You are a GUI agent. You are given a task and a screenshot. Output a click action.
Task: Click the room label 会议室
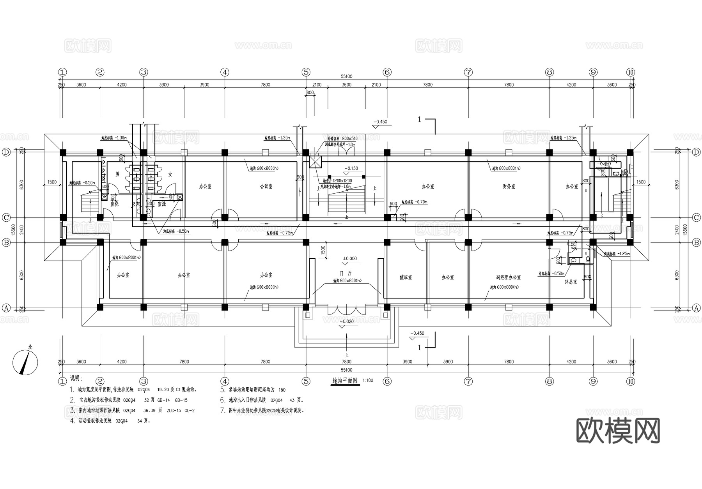point(266,187)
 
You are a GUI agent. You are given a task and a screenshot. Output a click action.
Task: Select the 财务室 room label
point(509,187)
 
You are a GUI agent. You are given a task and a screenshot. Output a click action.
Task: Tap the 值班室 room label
point(406,277)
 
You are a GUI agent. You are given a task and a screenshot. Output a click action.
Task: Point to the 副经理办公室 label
point(509,277)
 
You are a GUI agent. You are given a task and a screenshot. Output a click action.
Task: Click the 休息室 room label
point(571,281)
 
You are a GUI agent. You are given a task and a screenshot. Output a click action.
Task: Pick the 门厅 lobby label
point(346,274)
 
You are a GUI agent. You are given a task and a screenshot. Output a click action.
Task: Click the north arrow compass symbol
point(26,362)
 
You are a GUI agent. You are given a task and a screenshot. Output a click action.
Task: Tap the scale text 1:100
point(368,380)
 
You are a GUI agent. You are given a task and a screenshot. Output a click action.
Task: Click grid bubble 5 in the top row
point(306,72)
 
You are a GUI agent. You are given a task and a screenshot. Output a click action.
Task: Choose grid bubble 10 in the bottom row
point(631,381)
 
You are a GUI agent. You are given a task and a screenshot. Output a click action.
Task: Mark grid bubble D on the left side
point(6,152)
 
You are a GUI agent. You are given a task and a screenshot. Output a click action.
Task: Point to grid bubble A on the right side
point(697,308)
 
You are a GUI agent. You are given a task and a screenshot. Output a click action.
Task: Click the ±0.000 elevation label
point(350,259)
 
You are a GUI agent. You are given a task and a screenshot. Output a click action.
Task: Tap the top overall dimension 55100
point(346,77)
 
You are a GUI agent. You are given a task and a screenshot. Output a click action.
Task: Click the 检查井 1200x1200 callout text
point(337,181)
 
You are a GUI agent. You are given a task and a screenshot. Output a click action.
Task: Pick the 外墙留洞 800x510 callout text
point(342,139)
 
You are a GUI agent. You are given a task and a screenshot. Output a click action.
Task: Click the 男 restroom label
point(117,174)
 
